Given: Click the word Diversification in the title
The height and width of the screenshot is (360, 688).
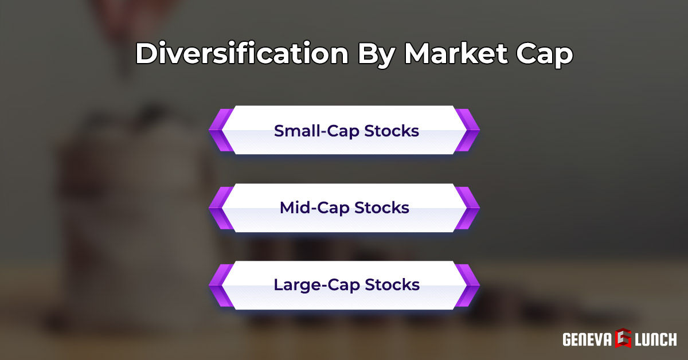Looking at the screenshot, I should (241, 54).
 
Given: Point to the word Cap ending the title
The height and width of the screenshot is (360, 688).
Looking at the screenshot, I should (545, 54).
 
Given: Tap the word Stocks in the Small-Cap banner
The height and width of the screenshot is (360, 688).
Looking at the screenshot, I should (393, 131).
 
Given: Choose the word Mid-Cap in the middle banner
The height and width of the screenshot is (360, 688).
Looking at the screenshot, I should (314, 208).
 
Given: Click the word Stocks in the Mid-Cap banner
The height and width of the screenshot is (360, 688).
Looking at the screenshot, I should (382, 208).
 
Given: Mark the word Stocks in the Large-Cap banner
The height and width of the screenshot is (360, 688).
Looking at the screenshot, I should (393, 284).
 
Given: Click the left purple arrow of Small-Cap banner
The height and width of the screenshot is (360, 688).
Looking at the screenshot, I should (220, 131).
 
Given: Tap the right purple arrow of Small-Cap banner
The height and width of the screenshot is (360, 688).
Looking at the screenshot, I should (467, 131).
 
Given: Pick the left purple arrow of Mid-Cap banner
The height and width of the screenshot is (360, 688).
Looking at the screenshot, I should (220, 208).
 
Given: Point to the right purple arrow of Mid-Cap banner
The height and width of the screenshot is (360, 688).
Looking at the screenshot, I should (467, 208).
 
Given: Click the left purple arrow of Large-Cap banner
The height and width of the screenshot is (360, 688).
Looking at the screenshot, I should (220, 285).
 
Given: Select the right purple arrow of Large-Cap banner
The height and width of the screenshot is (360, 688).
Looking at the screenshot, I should (467, 285).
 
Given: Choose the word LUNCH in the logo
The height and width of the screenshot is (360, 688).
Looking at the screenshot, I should (655, 339).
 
